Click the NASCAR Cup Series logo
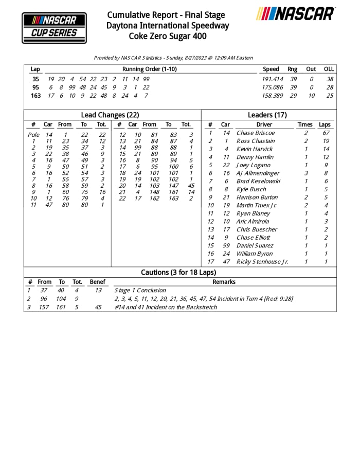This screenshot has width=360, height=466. coord(54,27)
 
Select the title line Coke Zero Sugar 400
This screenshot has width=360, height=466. coord(168,36)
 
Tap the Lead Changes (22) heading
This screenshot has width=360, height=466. coord(110,115)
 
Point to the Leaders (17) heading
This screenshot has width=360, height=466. coord(267,115)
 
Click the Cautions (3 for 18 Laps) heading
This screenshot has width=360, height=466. coord(178,272)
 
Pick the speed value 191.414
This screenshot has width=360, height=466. coord(273,79)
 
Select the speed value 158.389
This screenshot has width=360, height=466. coord(273,96)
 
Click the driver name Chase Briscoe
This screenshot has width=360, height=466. coord(255,133)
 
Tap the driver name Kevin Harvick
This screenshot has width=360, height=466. coord(255,149)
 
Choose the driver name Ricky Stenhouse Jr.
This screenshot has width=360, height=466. coord(262,262)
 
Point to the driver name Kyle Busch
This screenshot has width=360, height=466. coord(251,189)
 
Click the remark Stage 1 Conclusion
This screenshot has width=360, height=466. coord(140,291)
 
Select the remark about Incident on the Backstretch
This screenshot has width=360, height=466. coord(166,307)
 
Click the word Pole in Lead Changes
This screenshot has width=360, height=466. coord(33,135)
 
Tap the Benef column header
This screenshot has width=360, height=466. coord(97,282)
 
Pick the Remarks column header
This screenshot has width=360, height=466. coord(224,282)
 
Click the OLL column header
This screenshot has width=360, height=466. coord(329,69)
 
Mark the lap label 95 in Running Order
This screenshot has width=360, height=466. coord(35,87)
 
